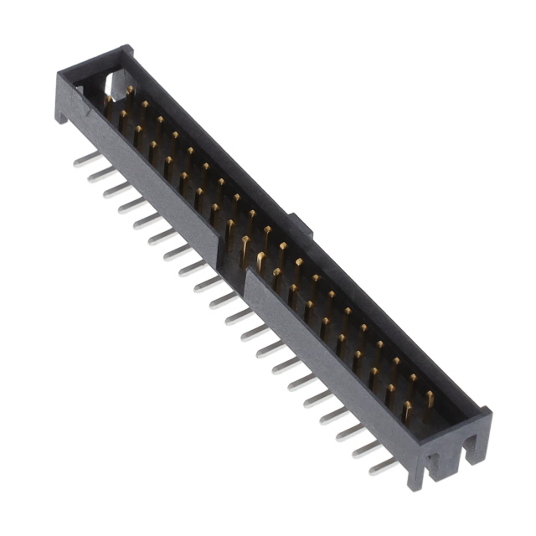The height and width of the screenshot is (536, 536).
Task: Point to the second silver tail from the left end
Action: (100, 174)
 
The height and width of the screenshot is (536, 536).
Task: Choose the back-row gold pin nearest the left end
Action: (129, 91)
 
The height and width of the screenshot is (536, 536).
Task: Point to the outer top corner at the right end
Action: (487, 413)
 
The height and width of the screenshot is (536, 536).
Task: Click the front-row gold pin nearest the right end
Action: (407, 410)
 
